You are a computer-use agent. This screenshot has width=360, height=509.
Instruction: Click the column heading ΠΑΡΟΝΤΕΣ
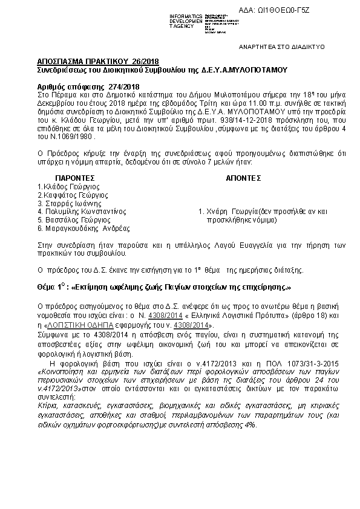[x=75, y=178]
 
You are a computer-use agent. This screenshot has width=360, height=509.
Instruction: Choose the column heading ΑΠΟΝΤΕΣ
[x=243, y=178]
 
